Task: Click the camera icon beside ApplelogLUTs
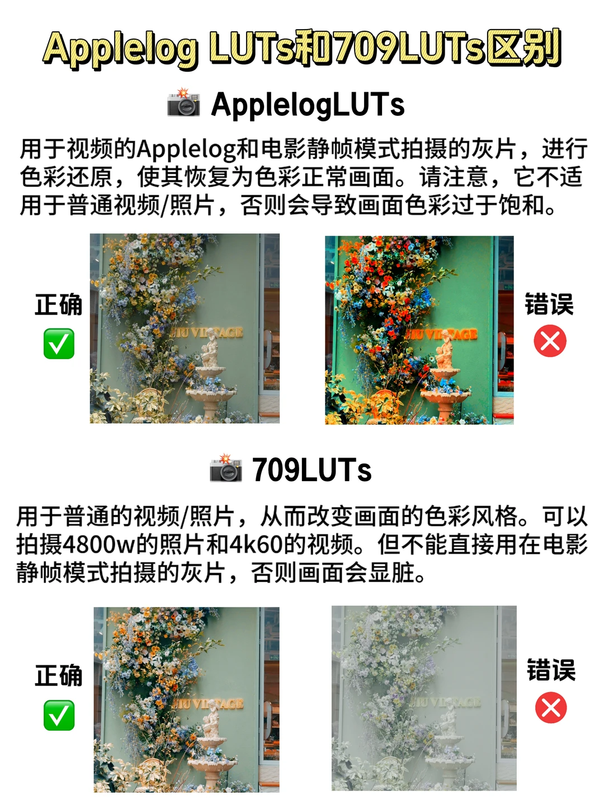(183, 103)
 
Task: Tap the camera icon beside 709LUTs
(225, 469)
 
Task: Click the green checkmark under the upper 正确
(59, 343)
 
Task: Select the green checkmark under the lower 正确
(59, 715)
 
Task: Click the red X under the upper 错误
(550, 341)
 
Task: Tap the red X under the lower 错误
(551, 708)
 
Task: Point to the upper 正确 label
(58, 305)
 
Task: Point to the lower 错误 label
(551, 670)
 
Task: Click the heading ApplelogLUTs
(308, 105)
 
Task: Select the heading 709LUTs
(312, 470)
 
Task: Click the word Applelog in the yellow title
(120, 49)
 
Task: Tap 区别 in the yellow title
(523, 48)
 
